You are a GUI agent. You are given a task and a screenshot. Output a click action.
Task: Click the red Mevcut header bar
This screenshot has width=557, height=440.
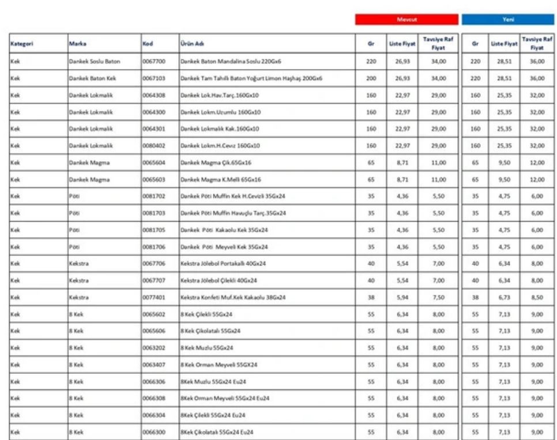(x=407, y=20)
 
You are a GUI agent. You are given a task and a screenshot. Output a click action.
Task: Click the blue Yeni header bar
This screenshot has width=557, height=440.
(x=507, y=20)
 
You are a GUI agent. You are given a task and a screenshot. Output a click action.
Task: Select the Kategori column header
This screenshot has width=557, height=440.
(x=22, y=43)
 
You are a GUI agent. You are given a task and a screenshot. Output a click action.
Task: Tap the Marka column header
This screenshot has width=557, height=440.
(x=78, y=43)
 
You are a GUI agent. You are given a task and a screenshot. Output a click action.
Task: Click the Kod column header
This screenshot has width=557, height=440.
(x=148, y=43)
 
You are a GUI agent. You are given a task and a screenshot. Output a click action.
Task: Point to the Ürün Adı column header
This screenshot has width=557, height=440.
(x=191, y=43)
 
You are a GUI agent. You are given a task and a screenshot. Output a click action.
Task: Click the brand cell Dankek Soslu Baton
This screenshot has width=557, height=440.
(x=94, y=61)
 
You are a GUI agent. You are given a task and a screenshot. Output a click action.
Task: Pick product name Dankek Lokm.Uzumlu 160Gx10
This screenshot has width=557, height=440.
(x=220, y=112)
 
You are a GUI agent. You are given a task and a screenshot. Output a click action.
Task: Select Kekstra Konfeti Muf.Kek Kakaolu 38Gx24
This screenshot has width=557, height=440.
(x=233, y=298)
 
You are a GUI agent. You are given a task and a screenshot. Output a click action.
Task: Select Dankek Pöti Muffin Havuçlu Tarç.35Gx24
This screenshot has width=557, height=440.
(x=234, y=213)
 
